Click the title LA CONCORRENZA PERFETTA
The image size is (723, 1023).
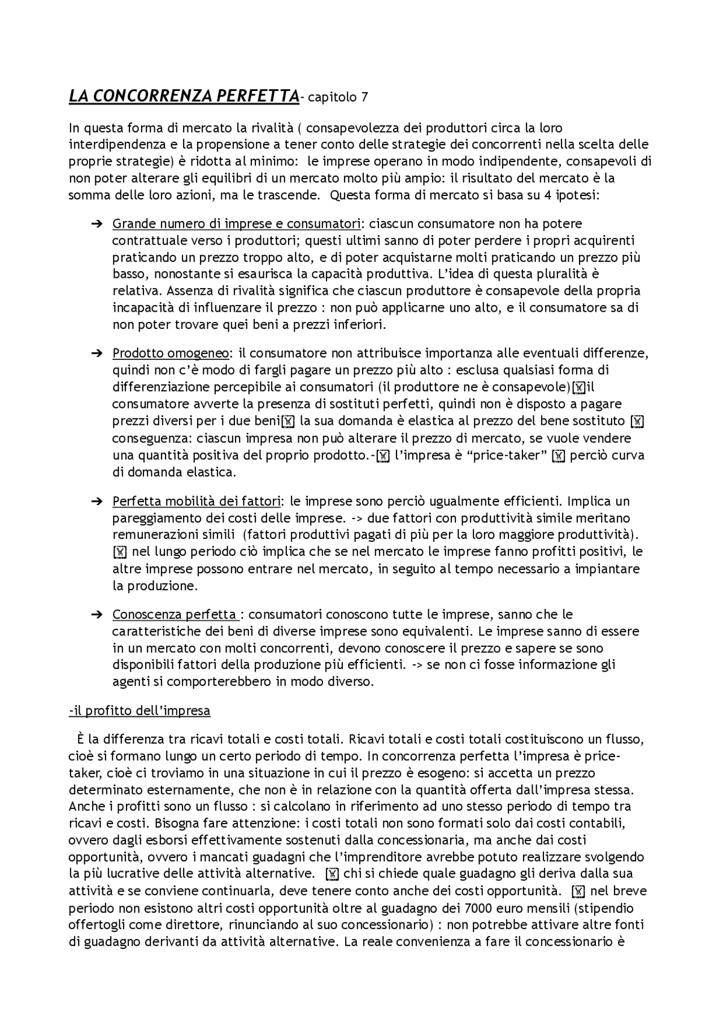[184, 96]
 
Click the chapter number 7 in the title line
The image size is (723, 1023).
[364, 97]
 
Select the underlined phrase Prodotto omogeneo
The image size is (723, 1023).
[171, 354]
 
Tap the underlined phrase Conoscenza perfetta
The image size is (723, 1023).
[175, 614]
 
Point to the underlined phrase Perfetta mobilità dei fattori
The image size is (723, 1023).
[197, 501]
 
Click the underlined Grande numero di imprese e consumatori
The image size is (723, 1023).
[236, 224]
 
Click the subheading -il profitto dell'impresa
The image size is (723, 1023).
[140, 711]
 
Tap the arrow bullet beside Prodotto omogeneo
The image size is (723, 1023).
[96, 354]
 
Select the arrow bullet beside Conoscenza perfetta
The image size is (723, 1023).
[96, 614]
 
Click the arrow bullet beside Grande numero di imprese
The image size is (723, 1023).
[96, 224]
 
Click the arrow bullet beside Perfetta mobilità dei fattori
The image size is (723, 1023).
[96, 501]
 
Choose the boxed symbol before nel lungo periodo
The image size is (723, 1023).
[120, 552]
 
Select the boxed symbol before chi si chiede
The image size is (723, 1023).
[333, 874]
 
